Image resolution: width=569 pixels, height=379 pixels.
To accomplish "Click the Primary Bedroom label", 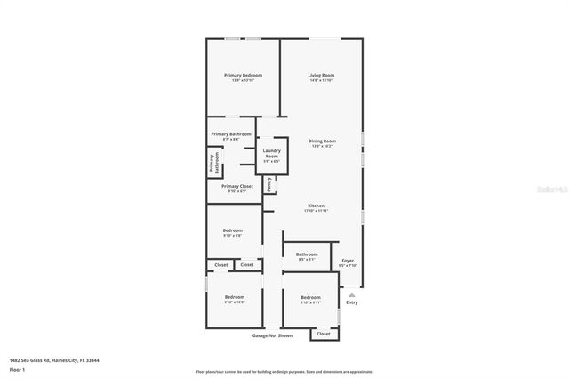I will point(243,76).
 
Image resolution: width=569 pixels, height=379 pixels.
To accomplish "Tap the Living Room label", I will point(321,76).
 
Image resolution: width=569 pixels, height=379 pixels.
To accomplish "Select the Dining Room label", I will point(322,141).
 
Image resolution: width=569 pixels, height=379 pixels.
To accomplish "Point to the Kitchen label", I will point(317,206).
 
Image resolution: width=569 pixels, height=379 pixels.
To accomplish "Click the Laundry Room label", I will point(271,154).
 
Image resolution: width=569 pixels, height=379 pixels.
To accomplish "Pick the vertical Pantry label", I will point(269,185).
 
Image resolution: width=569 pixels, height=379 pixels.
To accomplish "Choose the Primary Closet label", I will point(237,186).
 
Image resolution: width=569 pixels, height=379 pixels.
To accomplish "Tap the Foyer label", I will point(348,261).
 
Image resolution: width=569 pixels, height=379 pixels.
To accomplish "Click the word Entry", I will point(352,303).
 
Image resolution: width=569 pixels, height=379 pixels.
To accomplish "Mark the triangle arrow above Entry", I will point(352,294).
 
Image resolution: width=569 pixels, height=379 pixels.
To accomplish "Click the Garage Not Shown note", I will point(272,335).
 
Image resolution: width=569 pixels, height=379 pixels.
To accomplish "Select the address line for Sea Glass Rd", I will point(54,360).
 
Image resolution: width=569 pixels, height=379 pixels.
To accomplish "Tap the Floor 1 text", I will point(18,369).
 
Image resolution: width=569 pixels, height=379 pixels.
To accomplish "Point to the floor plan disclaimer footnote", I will point(284,371).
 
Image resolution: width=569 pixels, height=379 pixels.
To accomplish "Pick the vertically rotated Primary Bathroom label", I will point(212,162).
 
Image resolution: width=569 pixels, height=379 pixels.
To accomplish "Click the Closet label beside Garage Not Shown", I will point(324,334).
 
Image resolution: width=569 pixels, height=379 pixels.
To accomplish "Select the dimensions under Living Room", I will point(321,81).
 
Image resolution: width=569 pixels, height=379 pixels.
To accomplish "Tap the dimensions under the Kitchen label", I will point(317,211).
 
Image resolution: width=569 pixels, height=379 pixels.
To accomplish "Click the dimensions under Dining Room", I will point(322,147).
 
